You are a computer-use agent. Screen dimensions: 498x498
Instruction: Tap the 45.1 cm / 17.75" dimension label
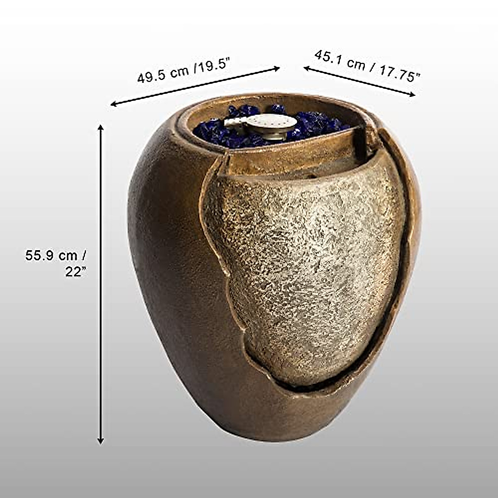(367, 66)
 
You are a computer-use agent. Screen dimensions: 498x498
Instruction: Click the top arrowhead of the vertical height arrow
(100, 127)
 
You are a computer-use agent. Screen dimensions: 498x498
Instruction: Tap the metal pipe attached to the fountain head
(235, 122)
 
